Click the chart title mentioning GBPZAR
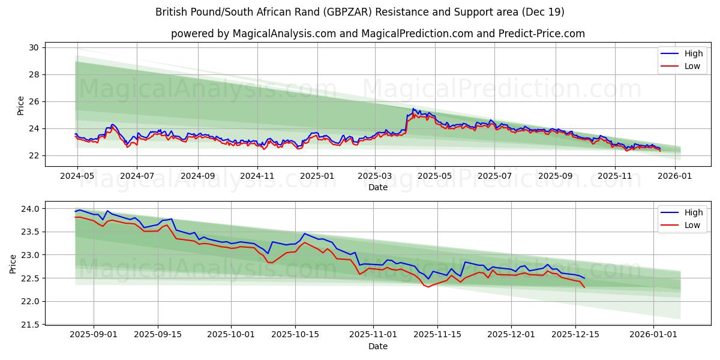(x=360, y=12)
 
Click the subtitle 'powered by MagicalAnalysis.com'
(x=378, y=34)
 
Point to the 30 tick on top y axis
(x=34, y=47)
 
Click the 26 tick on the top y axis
(x=34, y=101)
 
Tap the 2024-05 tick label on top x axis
(x=77, y=176)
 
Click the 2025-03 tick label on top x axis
(x=375, y=176)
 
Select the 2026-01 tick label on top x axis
(x=675, y=176)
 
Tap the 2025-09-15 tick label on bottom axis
(x=158, y=335)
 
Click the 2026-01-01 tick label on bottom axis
(x=653, y=335)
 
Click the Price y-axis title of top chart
(x=20, y=105)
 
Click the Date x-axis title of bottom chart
(x=378, y=346)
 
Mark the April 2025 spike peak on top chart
(x=413, y=109)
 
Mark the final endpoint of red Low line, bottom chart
(x=584, y=287)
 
